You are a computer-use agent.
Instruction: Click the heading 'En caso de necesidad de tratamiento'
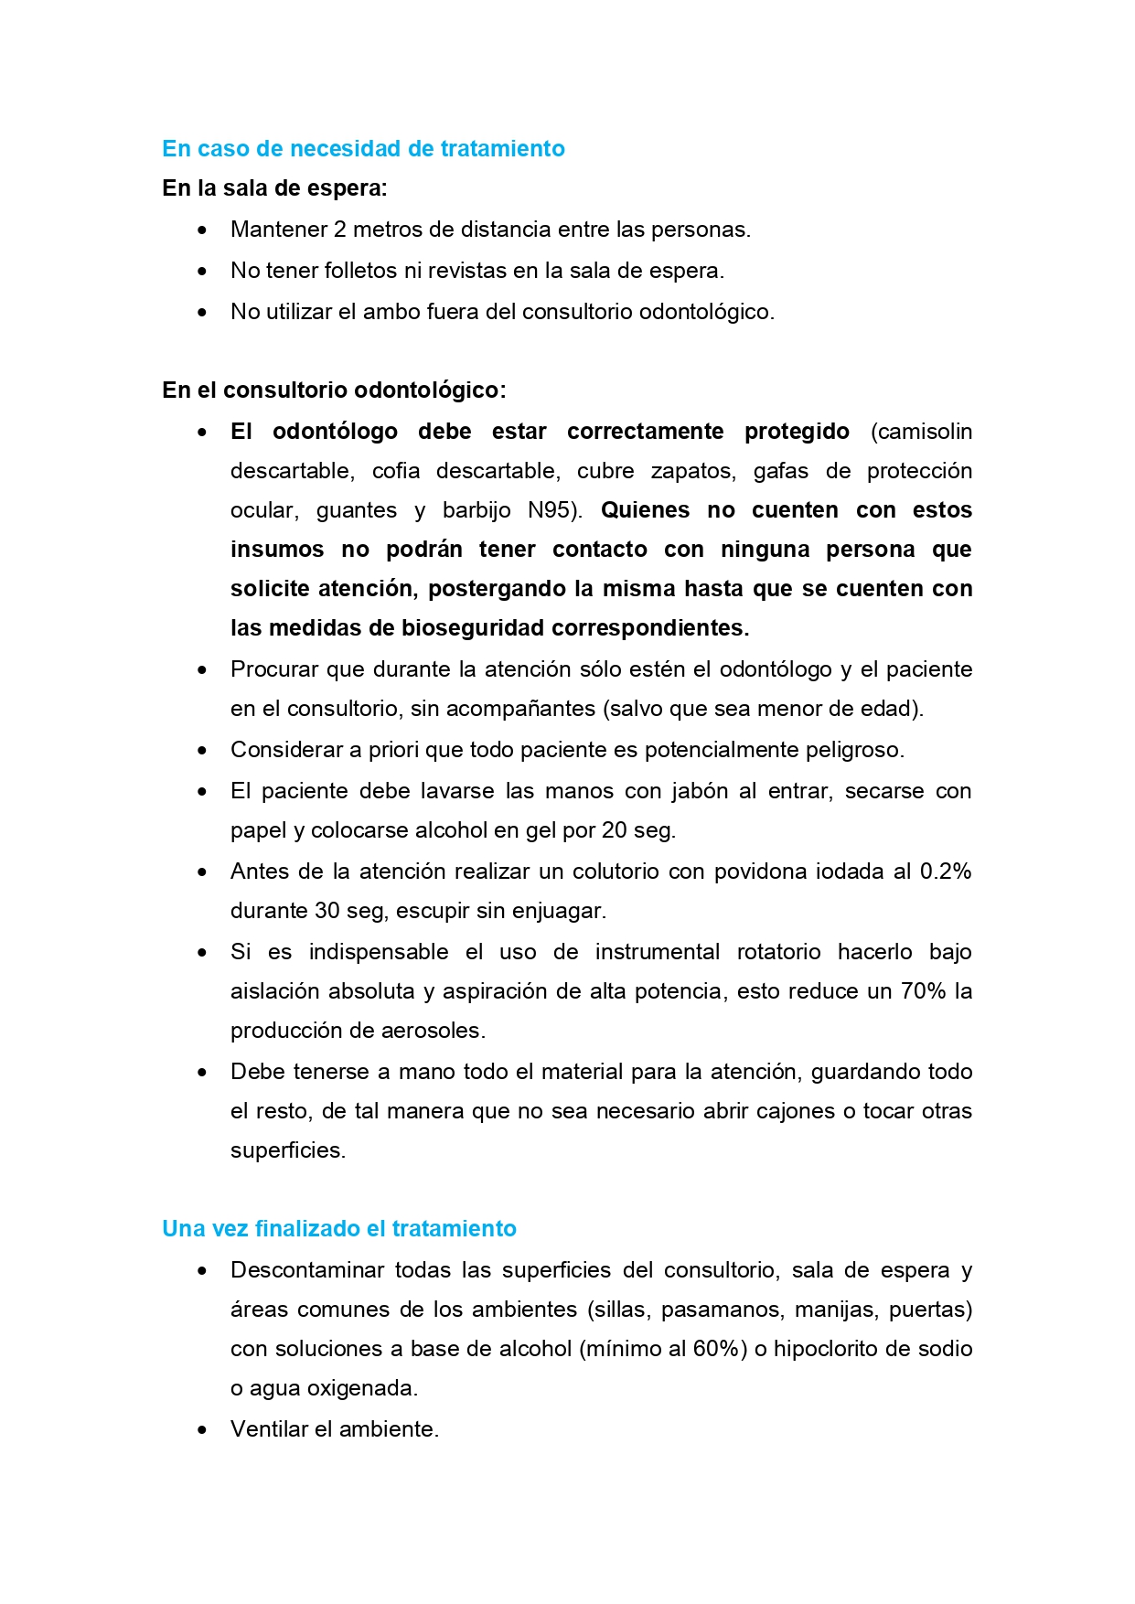point(363,148)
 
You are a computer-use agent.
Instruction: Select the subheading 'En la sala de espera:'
point(274,188)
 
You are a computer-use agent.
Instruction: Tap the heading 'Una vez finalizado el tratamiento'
point(339,1228)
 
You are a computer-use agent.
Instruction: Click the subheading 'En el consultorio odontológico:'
point(334,390)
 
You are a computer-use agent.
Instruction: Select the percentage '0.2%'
point(945,872)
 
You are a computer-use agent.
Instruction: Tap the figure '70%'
point(923,991)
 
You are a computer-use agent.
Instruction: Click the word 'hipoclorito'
point(827,1349)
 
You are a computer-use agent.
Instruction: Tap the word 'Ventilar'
point(269,1429)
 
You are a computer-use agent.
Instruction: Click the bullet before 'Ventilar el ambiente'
point(202,1430)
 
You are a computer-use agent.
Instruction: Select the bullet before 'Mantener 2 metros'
point(202,230)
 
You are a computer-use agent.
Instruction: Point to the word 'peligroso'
point(852,750)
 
